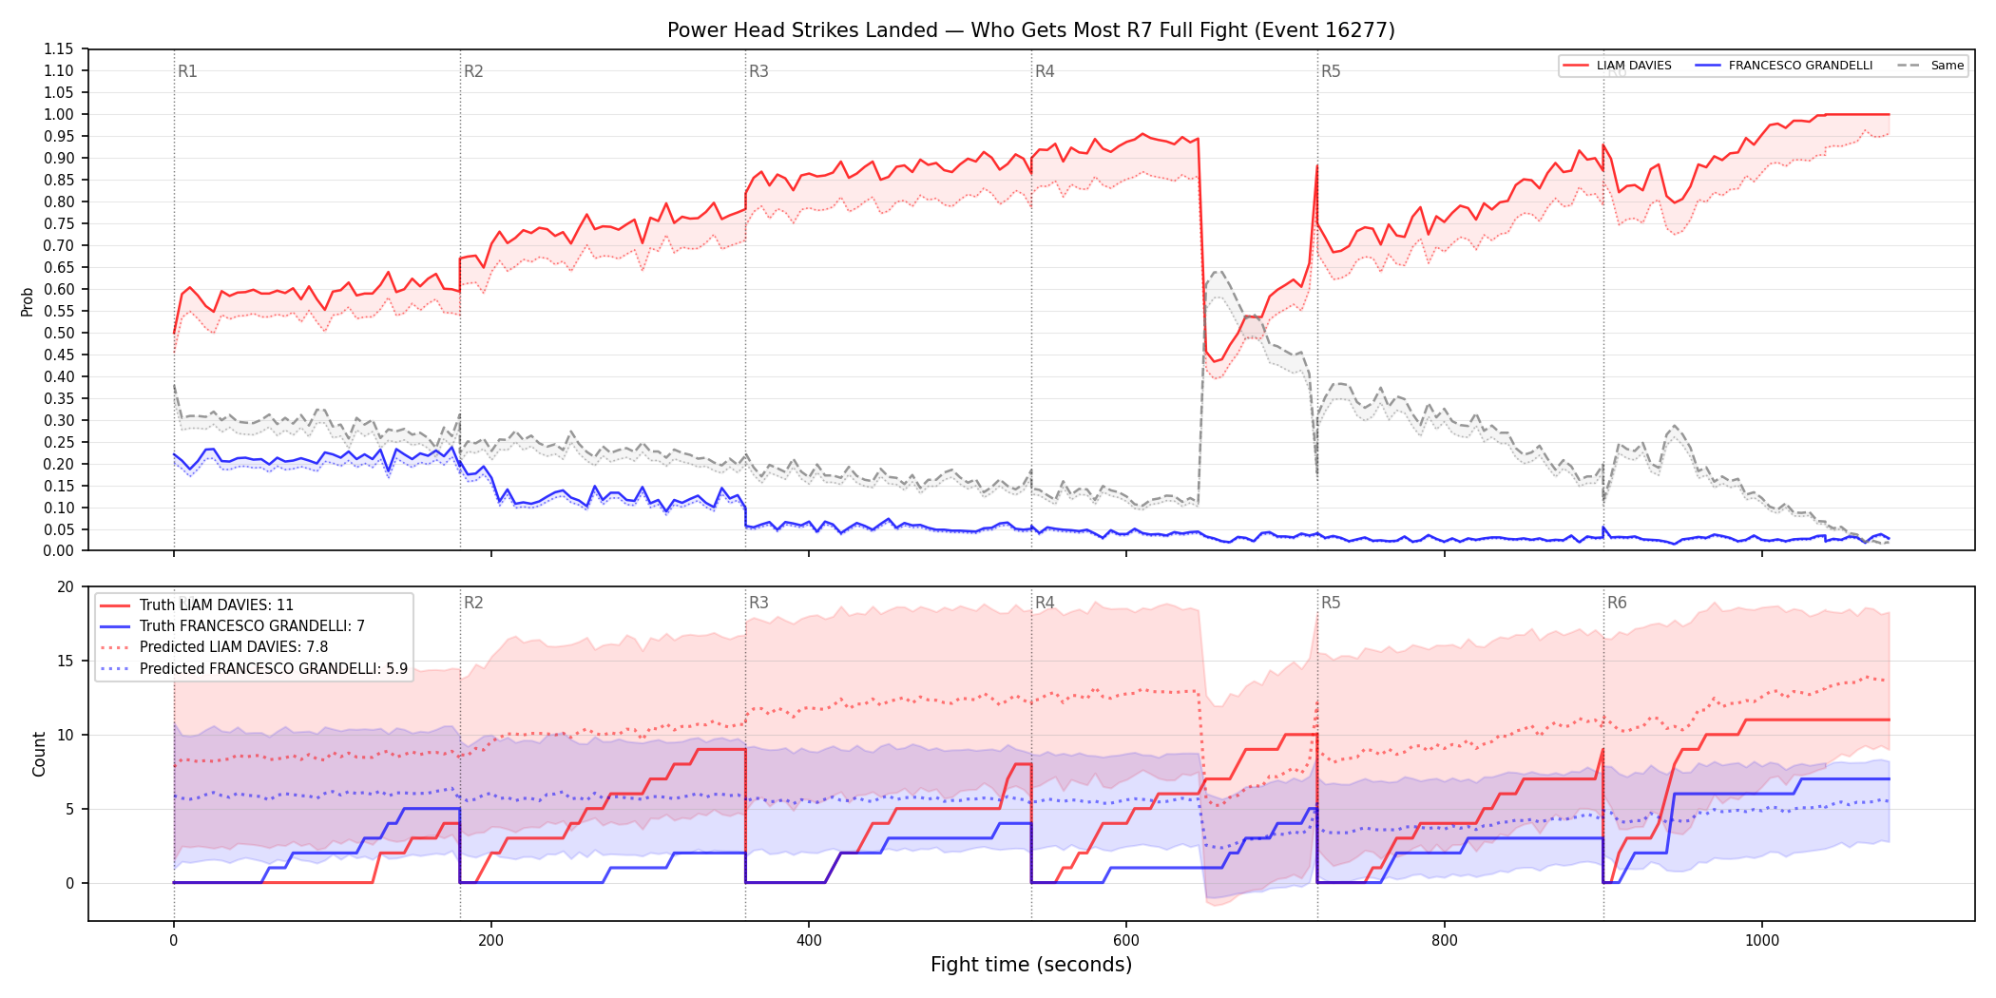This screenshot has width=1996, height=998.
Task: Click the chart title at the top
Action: pyautogui.click(x=1031, y=30)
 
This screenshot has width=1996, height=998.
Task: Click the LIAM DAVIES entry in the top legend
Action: pyautogui.click(x=1634, y=66)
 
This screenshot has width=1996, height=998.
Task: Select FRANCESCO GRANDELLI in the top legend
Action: pyautogui.click(x=1800, y=66)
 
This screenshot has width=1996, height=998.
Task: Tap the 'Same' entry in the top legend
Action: pyautogui.click(x=1947, y=66)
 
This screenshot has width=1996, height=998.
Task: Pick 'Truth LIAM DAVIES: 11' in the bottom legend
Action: pyautogui.click(x=217, y=605)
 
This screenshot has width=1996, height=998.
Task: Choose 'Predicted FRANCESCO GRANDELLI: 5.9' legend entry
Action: pyautogui.click(x=274, y=669)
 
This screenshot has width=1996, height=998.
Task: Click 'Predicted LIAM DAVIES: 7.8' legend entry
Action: pyautogui.click(x=234, y=647)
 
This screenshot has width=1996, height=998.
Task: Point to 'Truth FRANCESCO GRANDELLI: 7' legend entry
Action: pyautogui.click(x=252, y=626)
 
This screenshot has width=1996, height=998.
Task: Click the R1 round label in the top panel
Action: pyautogui.click(x=187, y=71)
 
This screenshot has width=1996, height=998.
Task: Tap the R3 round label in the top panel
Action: pyautogui.click(x=758, y=71)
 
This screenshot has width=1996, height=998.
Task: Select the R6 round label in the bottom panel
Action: pyautogui.click(x=1617, y=603)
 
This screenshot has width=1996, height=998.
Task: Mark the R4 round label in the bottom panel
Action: pyautogui.click(x=1045, y=603)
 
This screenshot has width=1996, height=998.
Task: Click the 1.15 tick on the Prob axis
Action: pyautogui.click(x=59, y=49)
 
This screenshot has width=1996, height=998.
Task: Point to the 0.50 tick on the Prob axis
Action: pyautogui.click(x=59, y=334)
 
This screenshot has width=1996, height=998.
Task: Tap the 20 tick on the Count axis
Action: pyautogui.click(x=66, y=587)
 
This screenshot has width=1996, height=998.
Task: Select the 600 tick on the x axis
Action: pyautogui.click(x=1126, y=941)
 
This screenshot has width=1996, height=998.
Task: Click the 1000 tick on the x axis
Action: pyautogui.click(x=1762, y=941)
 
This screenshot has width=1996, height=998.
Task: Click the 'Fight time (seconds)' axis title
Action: pyautogui.click(x=1031, y=965)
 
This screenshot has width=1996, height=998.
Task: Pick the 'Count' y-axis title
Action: pyautogui.click(x=39, y=754)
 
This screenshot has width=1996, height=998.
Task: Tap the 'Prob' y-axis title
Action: pyautogui.click(x=28, y=302)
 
